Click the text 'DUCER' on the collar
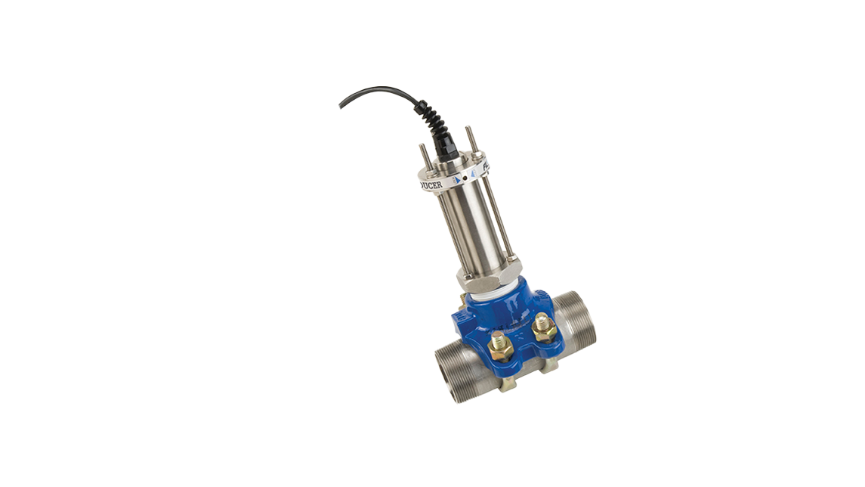432,184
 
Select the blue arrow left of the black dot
455,179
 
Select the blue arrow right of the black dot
472,172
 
